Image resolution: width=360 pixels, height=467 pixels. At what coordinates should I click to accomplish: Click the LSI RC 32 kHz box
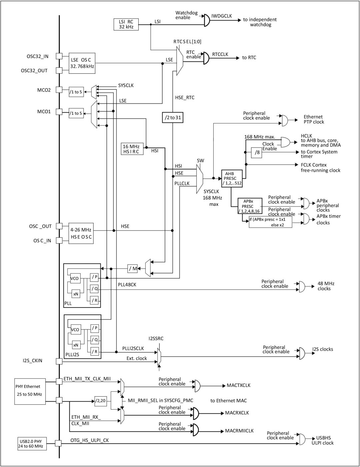[x=126, y=24]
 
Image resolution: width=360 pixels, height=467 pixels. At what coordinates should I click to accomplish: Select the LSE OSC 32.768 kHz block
[x=82, y=63]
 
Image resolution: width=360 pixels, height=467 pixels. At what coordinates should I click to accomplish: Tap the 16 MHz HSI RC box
[x=132, y=149]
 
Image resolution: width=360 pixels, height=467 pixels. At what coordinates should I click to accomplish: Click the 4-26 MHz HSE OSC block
[x=81, y=233]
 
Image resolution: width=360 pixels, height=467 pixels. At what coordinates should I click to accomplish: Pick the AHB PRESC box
[x=232, y=178]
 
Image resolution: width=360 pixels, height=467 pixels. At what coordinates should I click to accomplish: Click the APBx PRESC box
[x=250, y=206]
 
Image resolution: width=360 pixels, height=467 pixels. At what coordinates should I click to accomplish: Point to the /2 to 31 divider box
[x=173, y=117]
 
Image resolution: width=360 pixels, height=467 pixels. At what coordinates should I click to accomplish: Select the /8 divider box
[x=256, y=152]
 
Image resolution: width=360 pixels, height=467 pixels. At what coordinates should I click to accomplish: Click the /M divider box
[x=133, y=268]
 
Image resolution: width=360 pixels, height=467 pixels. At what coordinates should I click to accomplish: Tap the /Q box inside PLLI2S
[x=95, y=340]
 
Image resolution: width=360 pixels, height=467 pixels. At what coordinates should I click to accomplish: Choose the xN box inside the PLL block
[x=76, y=294]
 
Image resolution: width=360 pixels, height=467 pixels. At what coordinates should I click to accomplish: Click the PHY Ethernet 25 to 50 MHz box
[x=30, y=391]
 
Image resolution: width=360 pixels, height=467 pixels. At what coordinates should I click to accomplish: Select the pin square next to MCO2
[x=59, y=90]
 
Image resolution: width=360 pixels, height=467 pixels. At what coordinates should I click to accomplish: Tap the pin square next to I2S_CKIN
[x=59, y=361]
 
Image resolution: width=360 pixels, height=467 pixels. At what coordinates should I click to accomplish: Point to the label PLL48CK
[x=127, y=285]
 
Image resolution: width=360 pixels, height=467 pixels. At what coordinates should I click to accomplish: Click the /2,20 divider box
[x=100, y=401]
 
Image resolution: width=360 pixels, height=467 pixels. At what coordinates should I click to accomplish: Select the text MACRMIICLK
[x=239, y=431]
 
